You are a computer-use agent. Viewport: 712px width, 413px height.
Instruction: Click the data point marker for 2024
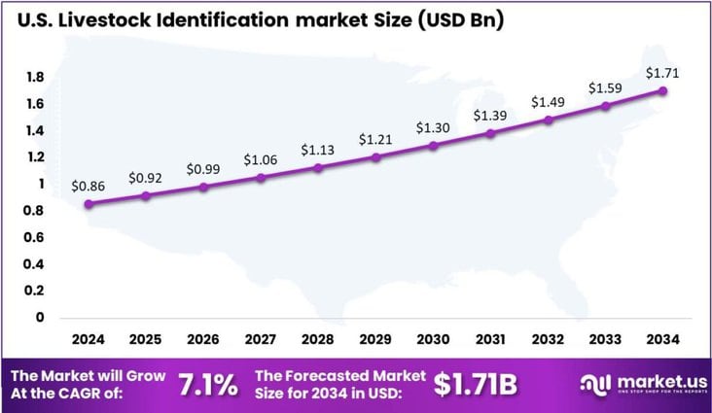click(89, 204)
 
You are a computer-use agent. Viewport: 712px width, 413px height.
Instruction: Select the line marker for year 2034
click(662, 91)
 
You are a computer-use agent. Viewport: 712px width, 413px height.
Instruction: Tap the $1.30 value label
click(433, 127)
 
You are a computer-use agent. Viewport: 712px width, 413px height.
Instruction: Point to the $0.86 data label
click(89, 186)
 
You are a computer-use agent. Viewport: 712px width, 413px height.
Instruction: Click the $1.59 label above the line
click(604, 88)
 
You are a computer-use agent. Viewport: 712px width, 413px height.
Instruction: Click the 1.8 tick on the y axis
click(34, 77)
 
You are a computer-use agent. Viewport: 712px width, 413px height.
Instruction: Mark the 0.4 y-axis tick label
click(34, 263)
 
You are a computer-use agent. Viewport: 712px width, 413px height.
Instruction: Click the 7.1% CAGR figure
click(207, 385)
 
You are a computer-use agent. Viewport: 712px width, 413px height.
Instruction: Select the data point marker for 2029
click(375, 156)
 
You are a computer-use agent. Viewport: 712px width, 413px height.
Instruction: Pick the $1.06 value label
click(261, 159)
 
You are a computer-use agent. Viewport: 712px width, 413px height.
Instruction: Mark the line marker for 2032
click(548, 120)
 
